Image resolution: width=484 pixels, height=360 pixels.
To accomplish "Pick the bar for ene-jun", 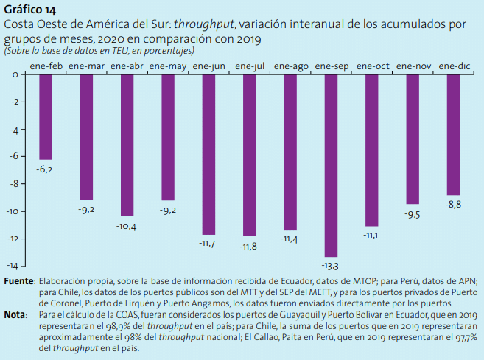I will pos(208,154).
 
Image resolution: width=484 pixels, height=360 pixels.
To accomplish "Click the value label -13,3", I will pos(332,265).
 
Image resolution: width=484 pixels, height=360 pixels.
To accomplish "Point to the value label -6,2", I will pos(46,169).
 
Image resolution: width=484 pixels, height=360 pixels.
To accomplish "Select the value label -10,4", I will pos(127,226).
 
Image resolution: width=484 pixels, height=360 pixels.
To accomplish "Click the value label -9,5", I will pos(413,214).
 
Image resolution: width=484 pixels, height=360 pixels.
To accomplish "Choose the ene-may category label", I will pos(167,66).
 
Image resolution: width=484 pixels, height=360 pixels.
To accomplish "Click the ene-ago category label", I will pos(290,66).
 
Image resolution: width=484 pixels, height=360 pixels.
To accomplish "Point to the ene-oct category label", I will pos(372,66).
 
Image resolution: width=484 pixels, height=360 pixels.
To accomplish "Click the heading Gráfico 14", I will pos(29,10).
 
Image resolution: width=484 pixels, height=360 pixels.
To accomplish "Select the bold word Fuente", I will pos(18,281).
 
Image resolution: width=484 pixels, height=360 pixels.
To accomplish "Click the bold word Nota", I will pos(15,314).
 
